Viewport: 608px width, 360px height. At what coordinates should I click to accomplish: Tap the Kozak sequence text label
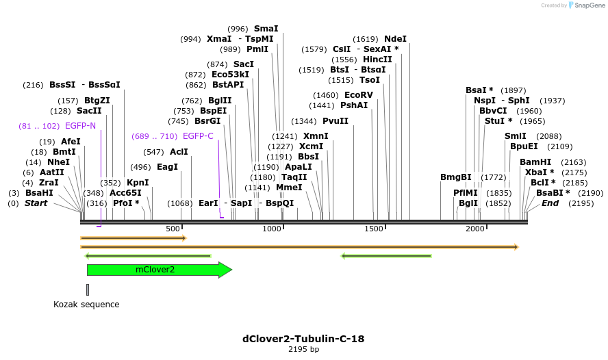coord(86,305)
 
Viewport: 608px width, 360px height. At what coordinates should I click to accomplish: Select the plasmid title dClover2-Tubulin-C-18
coord(303,339)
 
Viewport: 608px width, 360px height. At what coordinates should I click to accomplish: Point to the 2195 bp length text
coord(303,350)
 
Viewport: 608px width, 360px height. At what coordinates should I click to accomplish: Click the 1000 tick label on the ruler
coord(273,228)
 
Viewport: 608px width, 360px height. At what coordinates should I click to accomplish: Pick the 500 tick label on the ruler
coord(172,228)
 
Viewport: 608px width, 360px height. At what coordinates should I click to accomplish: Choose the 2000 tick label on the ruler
coord(474,228)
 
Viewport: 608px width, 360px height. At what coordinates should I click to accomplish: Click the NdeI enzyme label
coord(395,39)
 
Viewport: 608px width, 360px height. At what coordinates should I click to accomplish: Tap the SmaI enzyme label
coord(266,29)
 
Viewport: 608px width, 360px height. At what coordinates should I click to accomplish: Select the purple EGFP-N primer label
coord(80,126)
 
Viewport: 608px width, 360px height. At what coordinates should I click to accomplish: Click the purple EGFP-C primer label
coord(198,136)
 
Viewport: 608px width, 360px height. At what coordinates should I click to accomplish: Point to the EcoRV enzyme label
coord(359,95)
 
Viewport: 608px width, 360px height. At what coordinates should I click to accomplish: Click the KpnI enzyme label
coord(138,183)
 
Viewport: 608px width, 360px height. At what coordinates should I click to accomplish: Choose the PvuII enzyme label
coord(335,121)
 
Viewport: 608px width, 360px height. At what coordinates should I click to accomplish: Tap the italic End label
coord(550,203)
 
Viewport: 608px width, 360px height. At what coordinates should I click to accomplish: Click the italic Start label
coord(36,203)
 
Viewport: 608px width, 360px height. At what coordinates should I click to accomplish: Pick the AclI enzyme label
coord(179,152)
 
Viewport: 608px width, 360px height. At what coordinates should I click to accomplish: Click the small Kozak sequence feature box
coord(88,290)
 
